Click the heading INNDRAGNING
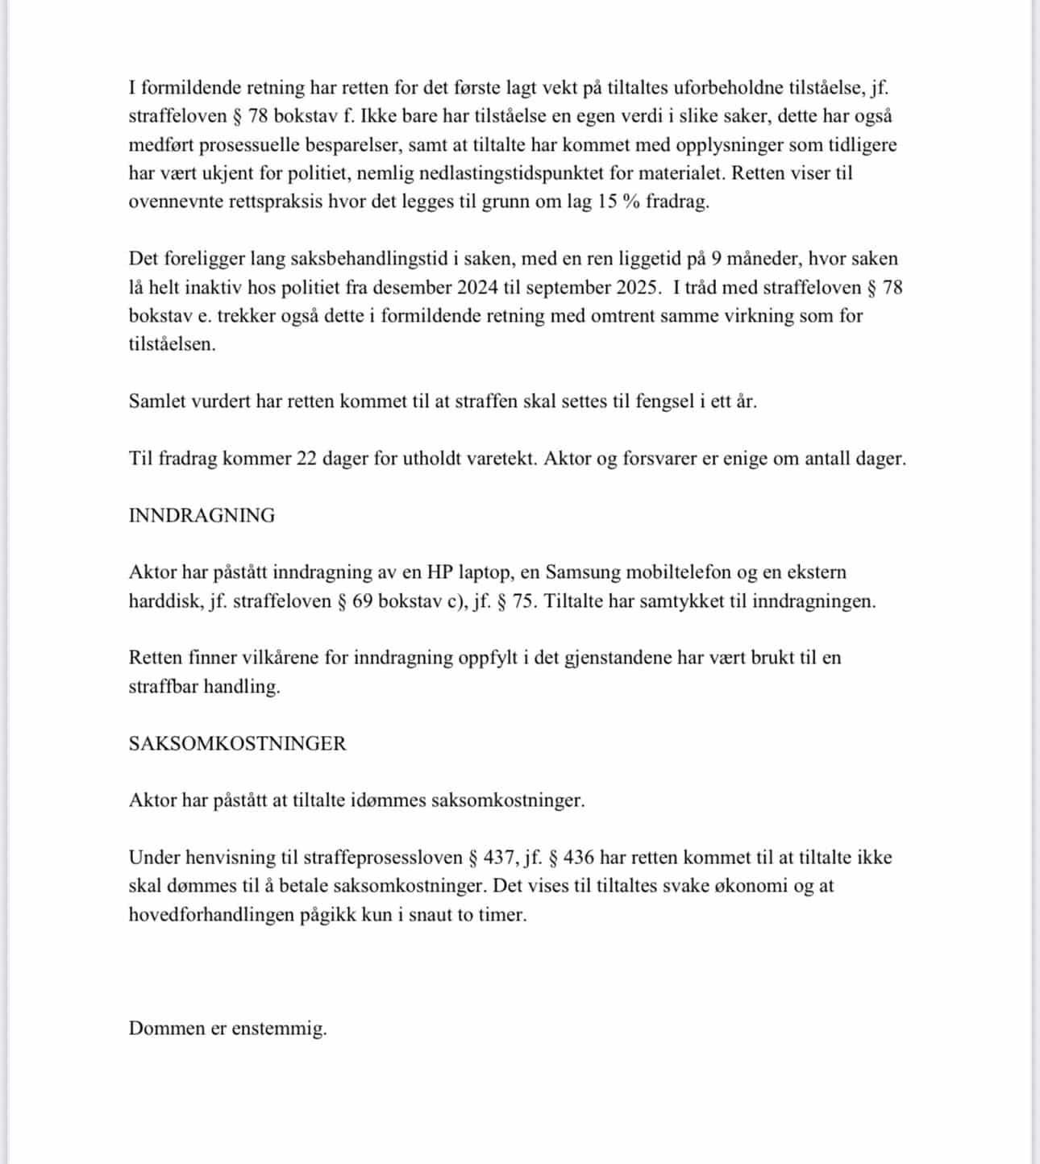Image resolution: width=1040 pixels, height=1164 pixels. pos(202,516)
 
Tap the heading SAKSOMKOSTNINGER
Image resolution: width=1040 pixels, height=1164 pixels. pos(237,743)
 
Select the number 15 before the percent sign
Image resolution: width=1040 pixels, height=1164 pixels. pos(607,202)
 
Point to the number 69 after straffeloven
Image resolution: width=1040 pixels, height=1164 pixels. pos(361,601)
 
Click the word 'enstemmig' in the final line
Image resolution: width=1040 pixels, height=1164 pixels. pos(278,1029)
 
